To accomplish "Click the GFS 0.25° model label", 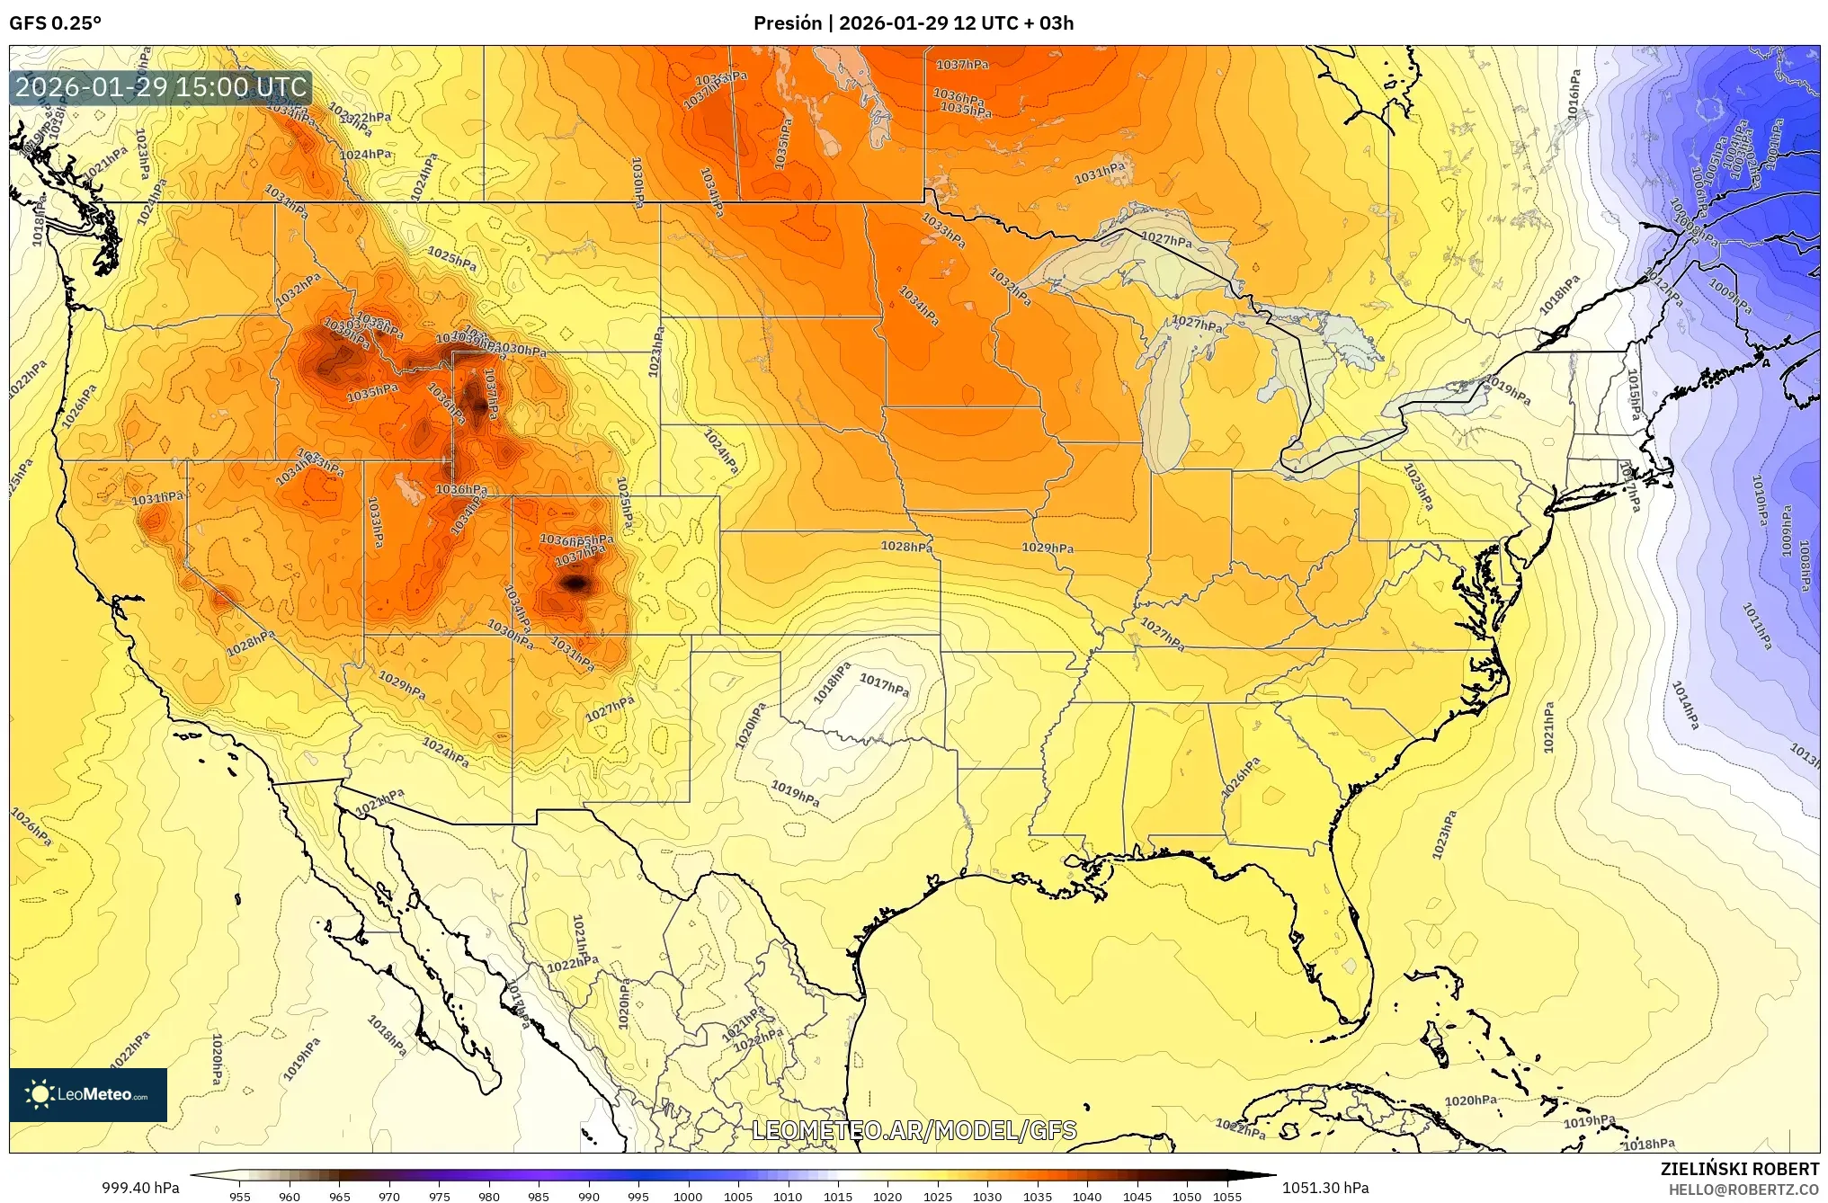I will (x=55, y=23).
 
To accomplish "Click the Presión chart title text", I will (x=913, y=23).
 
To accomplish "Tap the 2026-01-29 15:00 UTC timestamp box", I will (x=161, y=87).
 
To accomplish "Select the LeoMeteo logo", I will (x=88, y=1094).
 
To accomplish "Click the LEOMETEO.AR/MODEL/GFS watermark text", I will (x=914, y=1130).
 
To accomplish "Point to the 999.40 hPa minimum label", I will (x=140, y=1188).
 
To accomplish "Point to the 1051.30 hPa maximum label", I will (x=1325, y=1188).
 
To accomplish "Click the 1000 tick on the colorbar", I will (x=688, y=1196).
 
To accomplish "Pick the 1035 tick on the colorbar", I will (x=1037, y=1196).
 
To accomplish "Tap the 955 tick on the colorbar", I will (x=239, y=1196).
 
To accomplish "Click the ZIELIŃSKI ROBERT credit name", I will (x=1739, y=1169).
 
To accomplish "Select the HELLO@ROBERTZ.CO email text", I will (x=1743, y=1190).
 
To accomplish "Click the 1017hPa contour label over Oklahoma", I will (x=884, y=685).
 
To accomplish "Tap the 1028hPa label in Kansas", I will (x=905, y=546).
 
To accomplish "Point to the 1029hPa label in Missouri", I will (x=1047, y=548).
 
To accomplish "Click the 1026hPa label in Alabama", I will (x=1241, y=777).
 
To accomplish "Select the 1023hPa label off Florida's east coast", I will (x=1444, y=834).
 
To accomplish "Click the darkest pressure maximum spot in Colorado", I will (x=575, y=584).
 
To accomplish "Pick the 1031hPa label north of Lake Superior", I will (x=1099, y=173).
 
